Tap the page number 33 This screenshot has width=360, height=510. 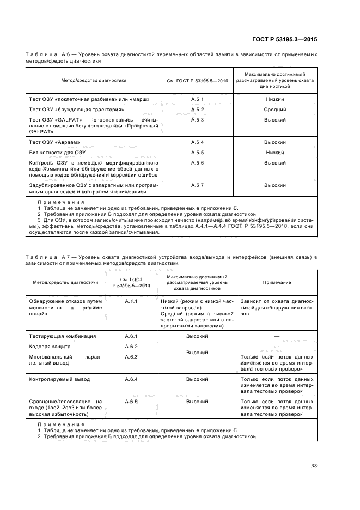[x=314, y=465]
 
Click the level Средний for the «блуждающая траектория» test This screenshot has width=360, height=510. [x=275, y=110]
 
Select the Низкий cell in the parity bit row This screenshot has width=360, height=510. [x=275, y=152]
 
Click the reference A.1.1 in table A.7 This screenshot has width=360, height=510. [x=131, y=301]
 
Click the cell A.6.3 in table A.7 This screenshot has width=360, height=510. [x=131, y=356]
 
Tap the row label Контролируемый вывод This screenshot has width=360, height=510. [x=58, y=378]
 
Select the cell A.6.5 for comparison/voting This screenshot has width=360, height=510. [x=131, y=401]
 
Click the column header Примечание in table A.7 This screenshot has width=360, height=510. [x=277, y=283]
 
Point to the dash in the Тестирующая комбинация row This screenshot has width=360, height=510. [x=277, y=336]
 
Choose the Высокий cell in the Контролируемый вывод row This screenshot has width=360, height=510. [x=197, y=378]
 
